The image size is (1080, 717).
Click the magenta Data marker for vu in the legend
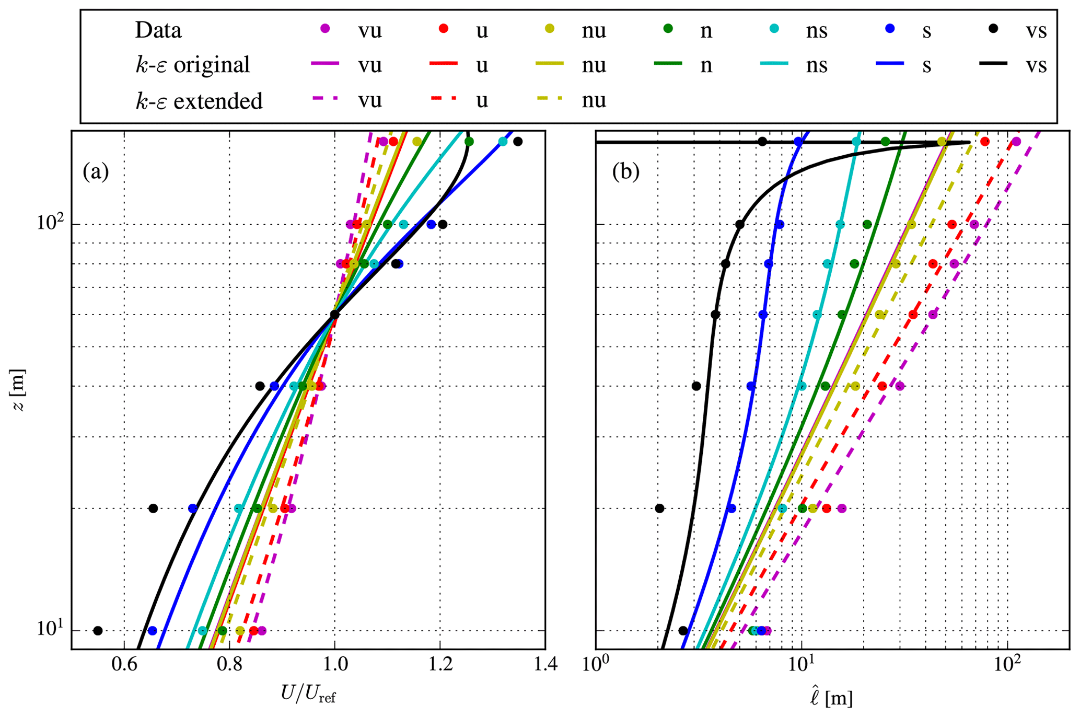[325, 28]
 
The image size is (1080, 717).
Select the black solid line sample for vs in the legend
[993, 63]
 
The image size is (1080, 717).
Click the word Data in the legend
[158, 30]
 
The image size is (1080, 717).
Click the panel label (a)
[96, 171]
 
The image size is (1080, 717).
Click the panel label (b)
[625, 171]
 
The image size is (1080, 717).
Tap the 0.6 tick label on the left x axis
[124, 664]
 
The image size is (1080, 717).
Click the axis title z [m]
[18, 390]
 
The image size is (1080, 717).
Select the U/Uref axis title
[308, 695]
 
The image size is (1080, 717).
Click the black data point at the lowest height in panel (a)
[98, 631]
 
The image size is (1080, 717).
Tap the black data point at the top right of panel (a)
[518, 142]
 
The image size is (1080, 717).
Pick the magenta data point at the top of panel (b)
[1016, 142]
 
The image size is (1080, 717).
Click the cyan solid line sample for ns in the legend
[773, 63]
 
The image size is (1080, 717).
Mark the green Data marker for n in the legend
[668, 28]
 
